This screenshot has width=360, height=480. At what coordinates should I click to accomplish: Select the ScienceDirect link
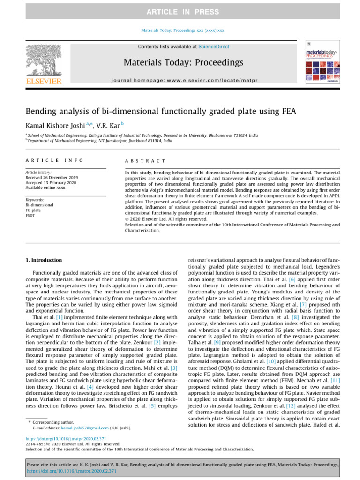click(x=214, y=47)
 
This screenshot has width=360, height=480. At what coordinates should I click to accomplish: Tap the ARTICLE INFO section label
click(x=54, y=161)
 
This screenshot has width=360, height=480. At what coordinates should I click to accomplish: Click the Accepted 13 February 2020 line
click(x=52, y=183)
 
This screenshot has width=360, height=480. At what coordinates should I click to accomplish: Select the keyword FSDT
click(x=30, y=216)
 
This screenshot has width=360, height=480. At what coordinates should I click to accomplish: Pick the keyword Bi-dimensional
click(x=39, y=205)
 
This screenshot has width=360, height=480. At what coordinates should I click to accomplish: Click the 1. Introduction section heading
click(x=43, y=260)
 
